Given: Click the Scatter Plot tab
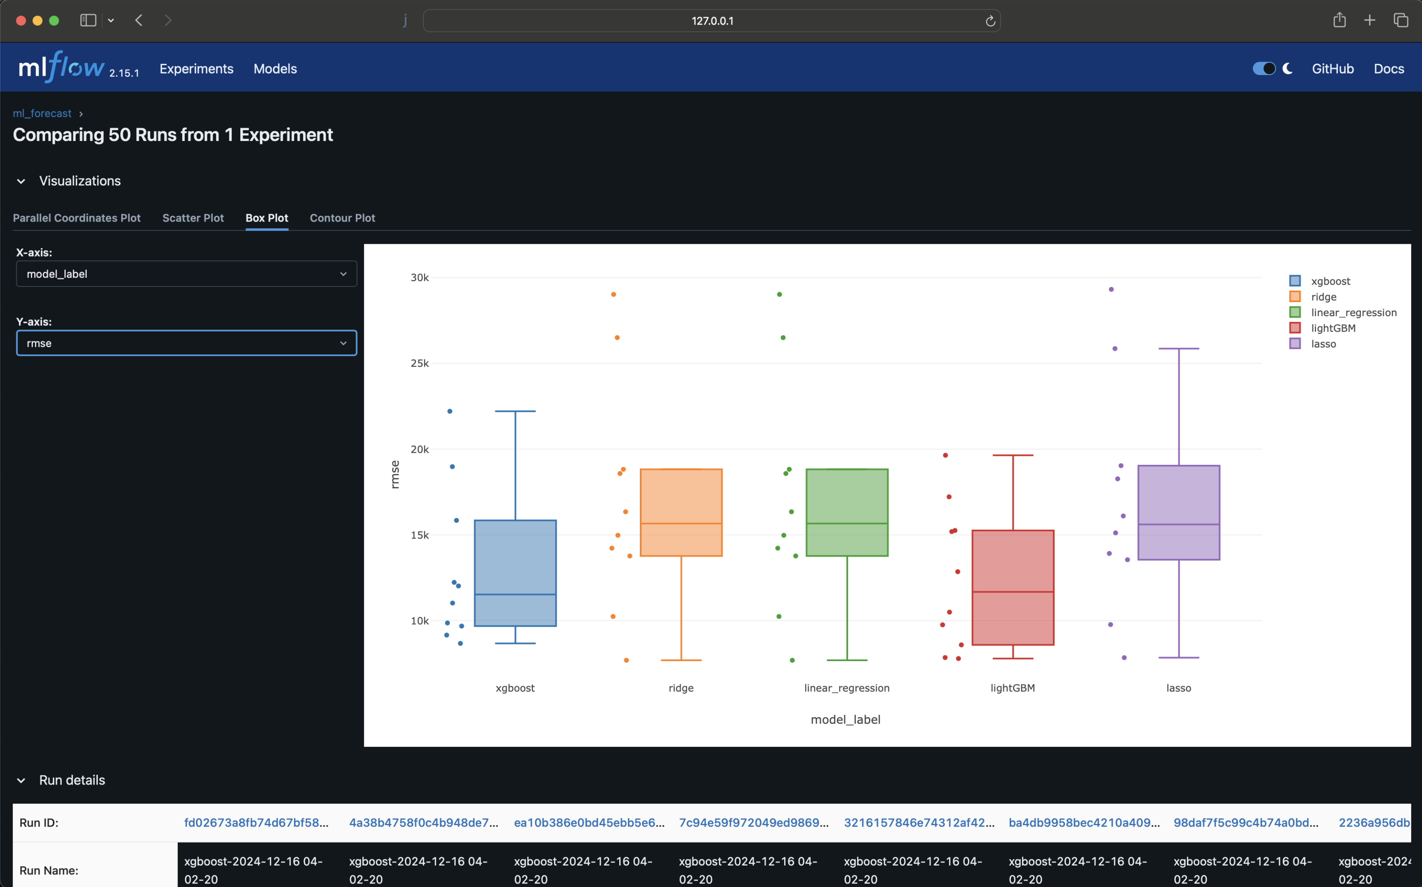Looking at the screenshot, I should tap(193, 218).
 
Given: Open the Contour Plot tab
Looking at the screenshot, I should tap(342, 218).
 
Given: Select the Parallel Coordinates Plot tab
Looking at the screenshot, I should tap(77, 218).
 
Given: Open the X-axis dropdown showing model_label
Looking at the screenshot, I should tap(186, 274).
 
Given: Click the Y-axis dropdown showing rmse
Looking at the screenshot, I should tap(186, 343).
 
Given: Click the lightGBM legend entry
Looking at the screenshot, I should tap(1332, 328).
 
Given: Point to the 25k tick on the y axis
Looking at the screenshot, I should tap(419, 364).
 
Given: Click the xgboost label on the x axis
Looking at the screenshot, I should tap(515, 688).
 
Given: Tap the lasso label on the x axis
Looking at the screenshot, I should tap(1179, 688).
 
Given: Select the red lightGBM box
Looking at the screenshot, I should tap(1012, 587).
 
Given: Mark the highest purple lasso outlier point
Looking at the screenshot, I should tap(1111, 289).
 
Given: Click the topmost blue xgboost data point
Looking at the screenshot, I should tap(450, 411).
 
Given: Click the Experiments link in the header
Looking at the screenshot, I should tap(196, 69).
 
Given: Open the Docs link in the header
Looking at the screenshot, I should tap(1389, 69).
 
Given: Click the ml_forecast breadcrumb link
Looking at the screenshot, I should tap(42, 113).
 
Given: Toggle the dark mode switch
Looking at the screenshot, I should tap(1264, 69).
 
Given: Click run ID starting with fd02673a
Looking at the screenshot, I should tap(256, 822).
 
